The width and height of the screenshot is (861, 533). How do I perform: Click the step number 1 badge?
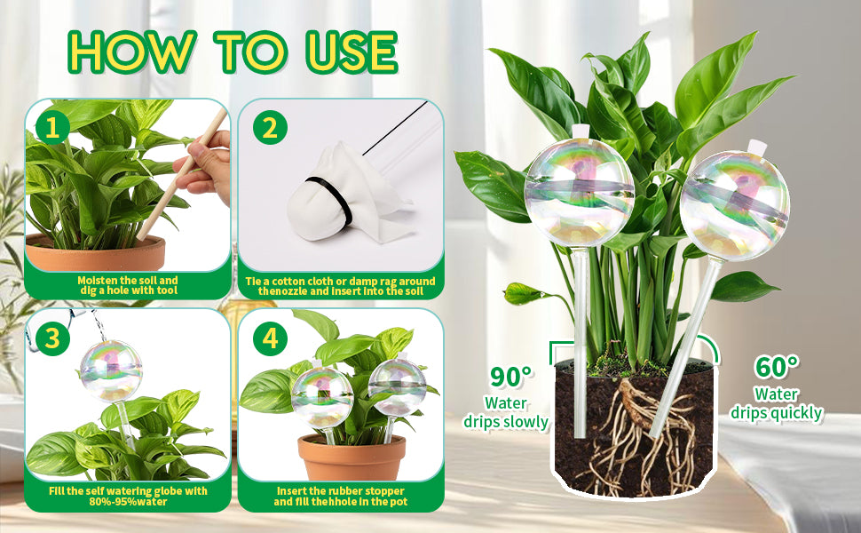[52, 128]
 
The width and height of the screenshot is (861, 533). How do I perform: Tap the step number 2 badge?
[270, 128]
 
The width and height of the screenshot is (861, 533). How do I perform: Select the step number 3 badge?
[52, 338]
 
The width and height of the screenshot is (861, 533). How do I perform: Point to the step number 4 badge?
[270, 338]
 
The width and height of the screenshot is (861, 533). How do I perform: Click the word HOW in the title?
[131, 52]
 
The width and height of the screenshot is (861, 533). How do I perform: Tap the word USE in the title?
[352, 52]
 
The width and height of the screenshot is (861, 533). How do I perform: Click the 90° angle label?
[510, 377]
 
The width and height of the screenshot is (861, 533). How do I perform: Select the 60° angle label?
[777, 367]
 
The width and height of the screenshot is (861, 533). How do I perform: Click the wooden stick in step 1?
[182, 173]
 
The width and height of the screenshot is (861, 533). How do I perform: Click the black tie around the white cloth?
[329, 200]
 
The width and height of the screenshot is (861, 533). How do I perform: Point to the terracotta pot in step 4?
[352, 457]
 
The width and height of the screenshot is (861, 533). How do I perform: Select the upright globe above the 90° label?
[580, 192]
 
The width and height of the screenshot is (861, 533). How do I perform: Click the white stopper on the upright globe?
[580, 131]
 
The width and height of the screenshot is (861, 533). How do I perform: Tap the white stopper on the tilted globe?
[757, 147]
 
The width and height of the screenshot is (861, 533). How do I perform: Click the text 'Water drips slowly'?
[506, 412]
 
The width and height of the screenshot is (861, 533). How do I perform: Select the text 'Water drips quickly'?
[777, 403]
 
